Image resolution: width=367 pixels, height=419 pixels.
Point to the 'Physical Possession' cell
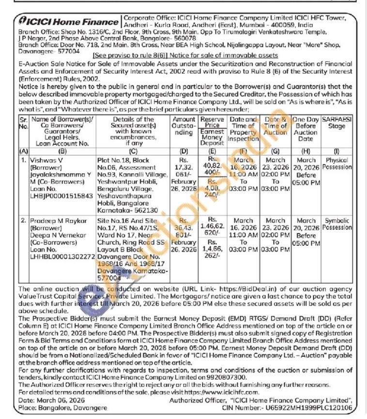point(334,163)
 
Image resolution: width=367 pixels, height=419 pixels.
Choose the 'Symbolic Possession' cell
point(334,224)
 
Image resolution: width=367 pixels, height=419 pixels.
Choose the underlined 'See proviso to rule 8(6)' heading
point(184,56)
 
